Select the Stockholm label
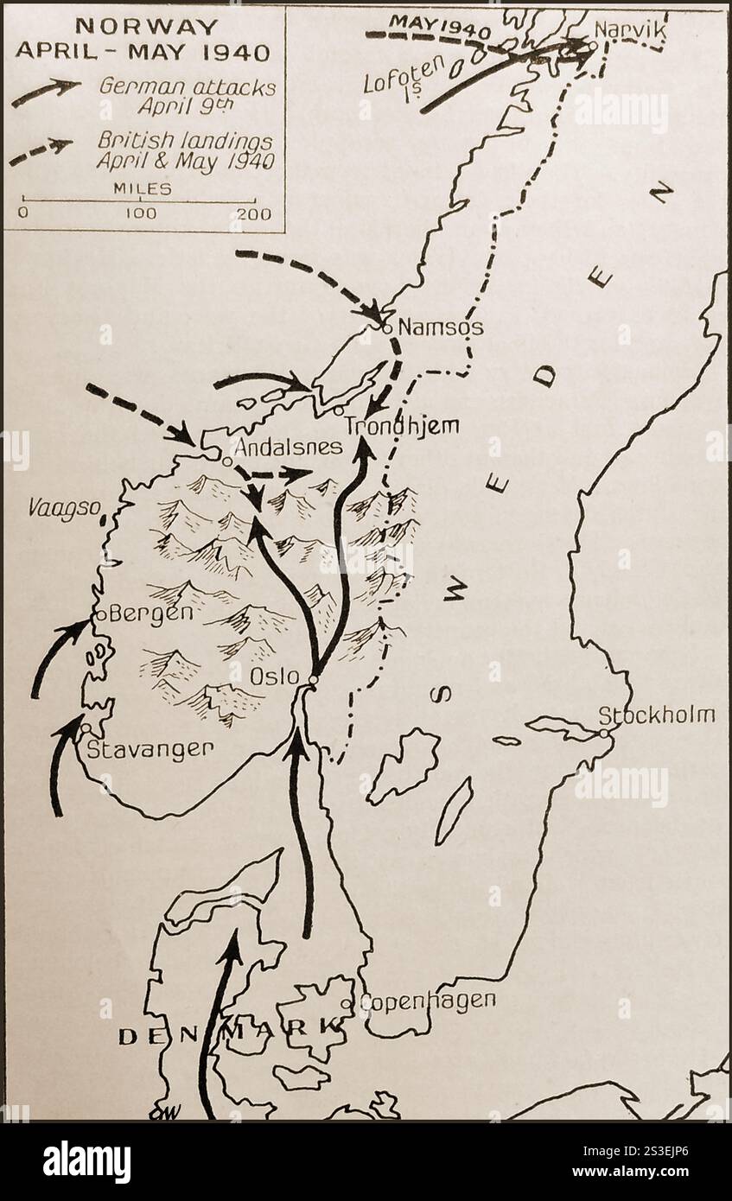(658, 715)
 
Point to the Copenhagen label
(427, 1001)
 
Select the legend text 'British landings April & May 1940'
(185, 150)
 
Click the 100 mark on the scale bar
(139, 213)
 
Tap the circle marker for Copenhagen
(347, 1004)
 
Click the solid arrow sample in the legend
(46, 92)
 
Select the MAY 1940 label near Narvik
(429, 24)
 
